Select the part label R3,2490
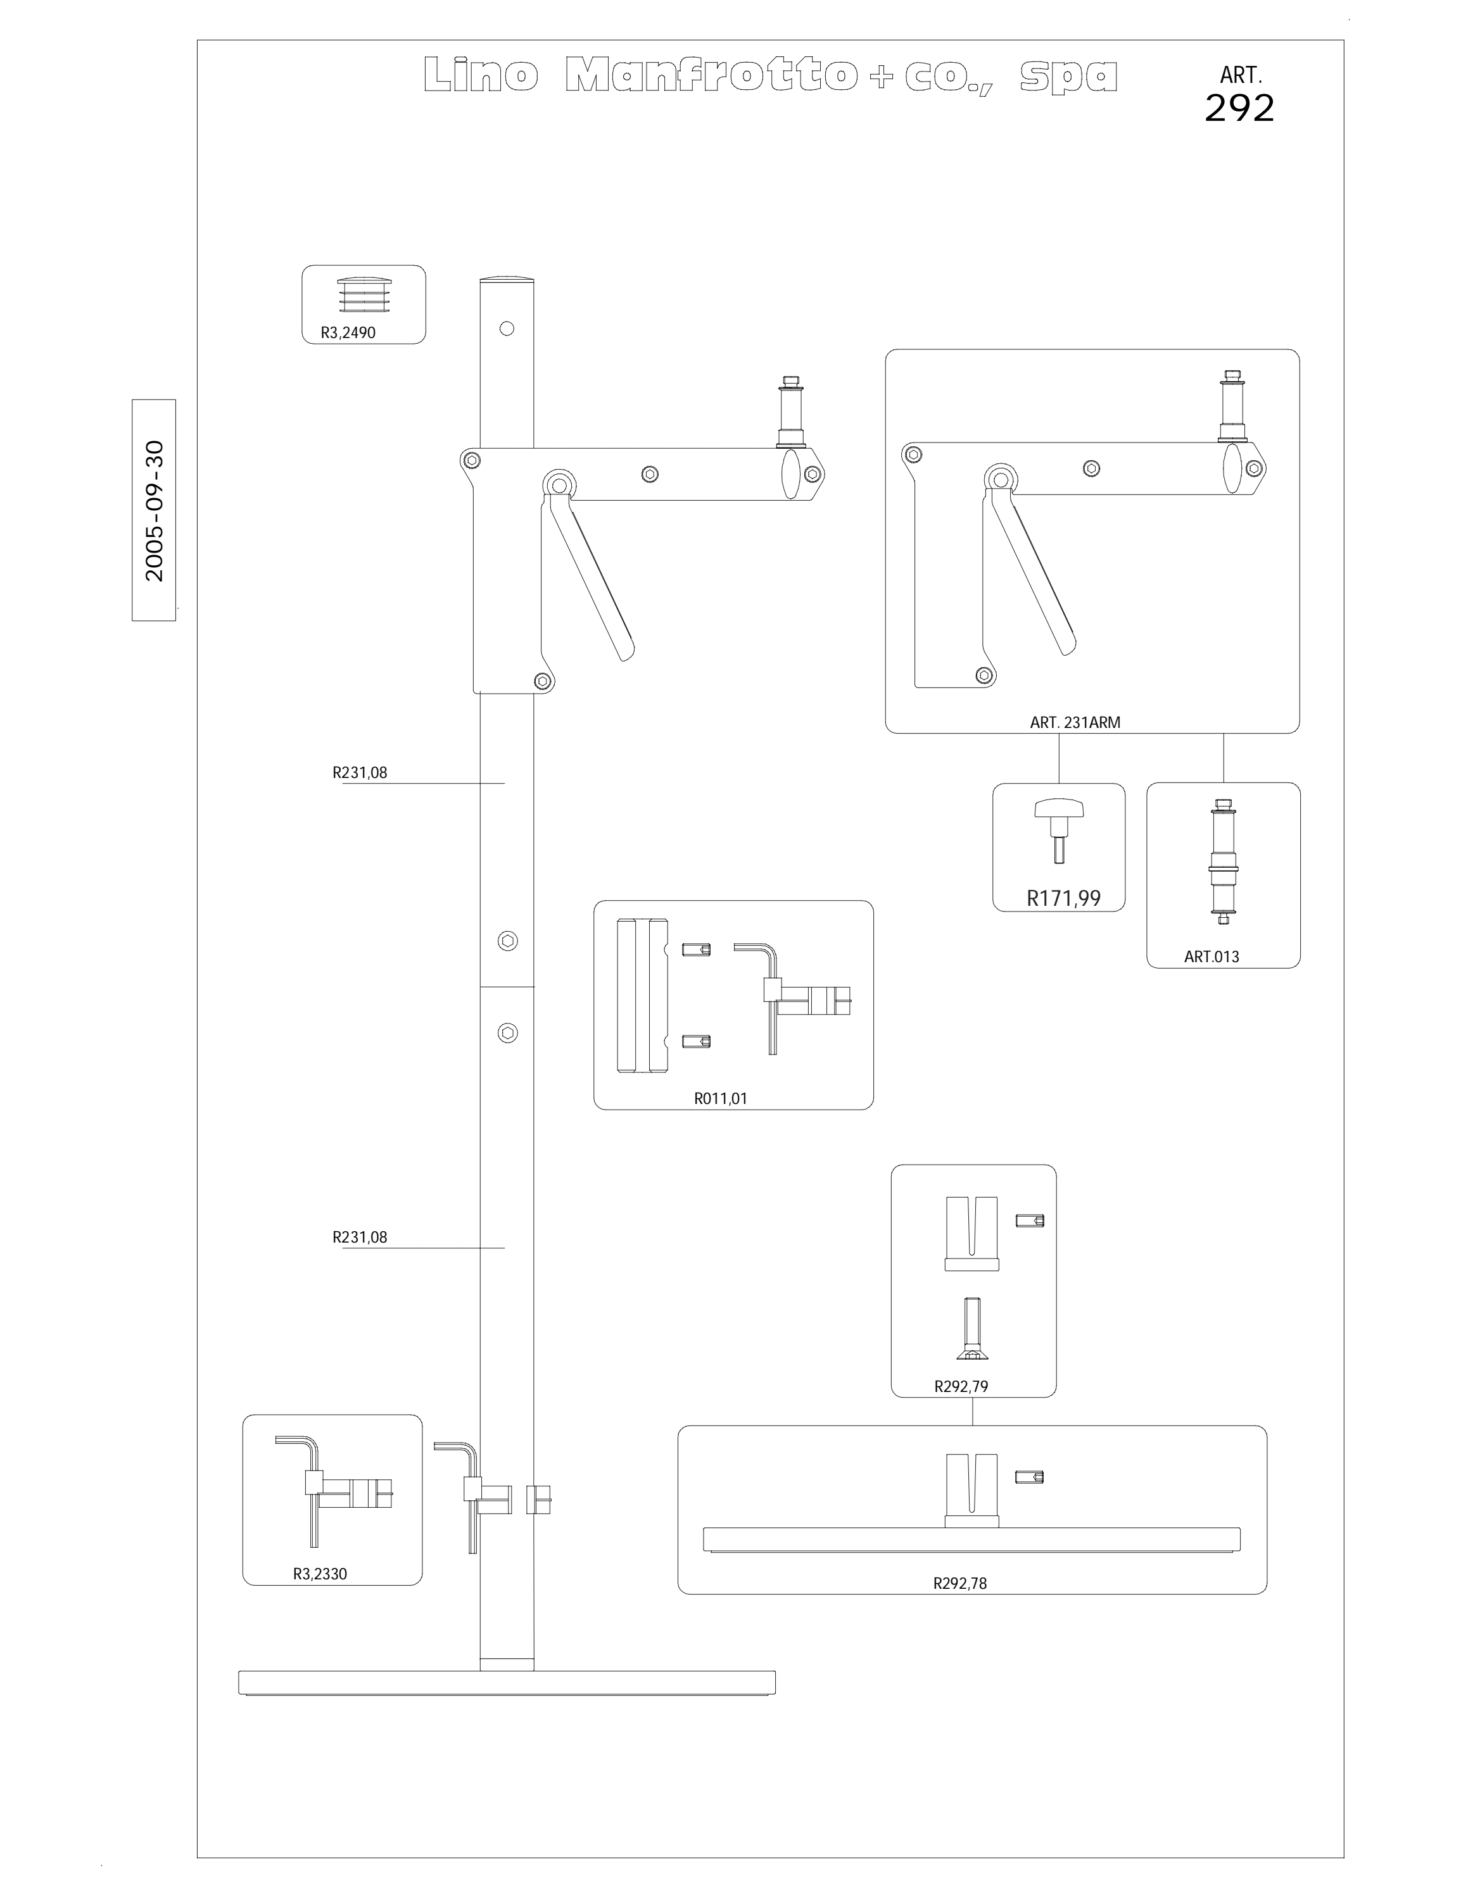click(348, 332)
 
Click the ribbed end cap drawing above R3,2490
click(364, 295)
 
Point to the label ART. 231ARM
click(1075, 722)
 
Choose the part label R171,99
click(1063, 898)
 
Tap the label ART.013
click(1212, 956)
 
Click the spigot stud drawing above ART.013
click(1223, 861)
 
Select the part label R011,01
click(720, 1098)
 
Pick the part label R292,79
click(961, 1386)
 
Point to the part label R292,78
click(960, 1583)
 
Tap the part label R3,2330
click(320, 1573)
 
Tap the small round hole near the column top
click(507, 329)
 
